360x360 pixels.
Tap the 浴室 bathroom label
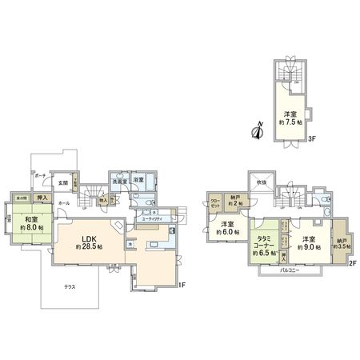click(x=138, y=180)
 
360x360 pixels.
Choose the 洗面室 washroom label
click(x=118, y=180)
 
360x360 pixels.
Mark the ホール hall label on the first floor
click(x=63, y=204)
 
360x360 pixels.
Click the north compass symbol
click(x=258, y=130)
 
